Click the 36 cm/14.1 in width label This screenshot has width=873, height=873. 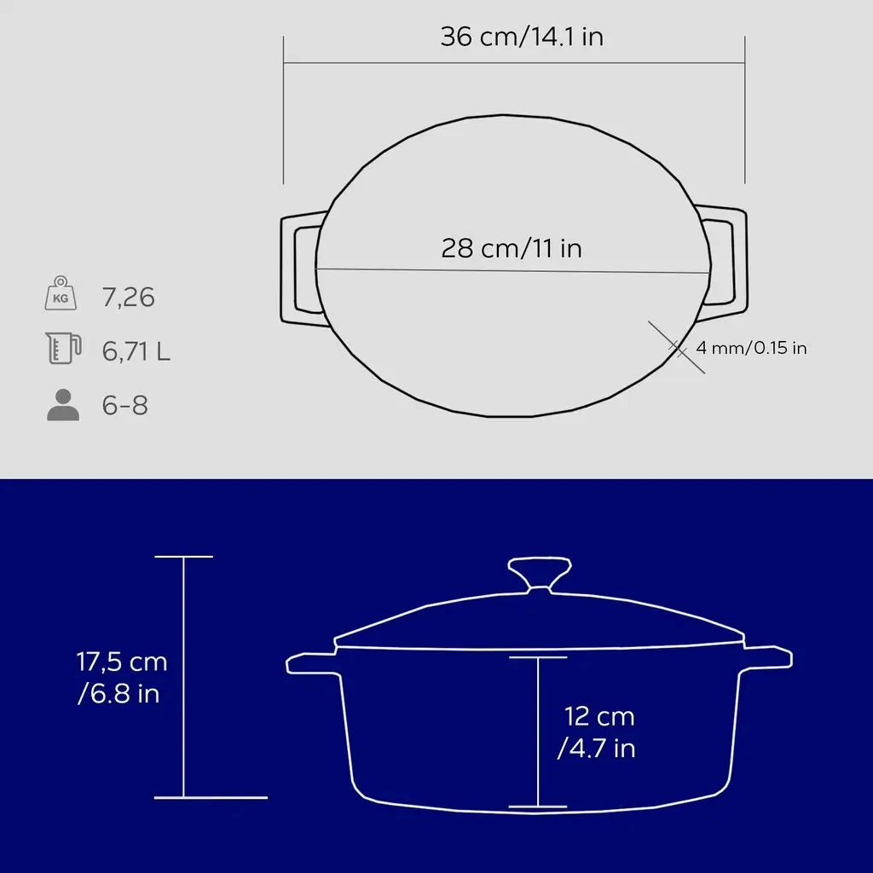pyautogui.click(x=522, y=37)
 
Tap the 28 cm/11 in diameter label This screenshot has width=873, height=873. pyautogui.click(x=512, y=248)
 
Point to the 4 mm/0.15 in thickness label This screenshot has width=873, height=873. pyautogui.click(x=751, y=348)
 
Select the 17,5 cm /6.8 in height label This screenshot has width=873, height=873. pyautogui.click(x=121, y=678)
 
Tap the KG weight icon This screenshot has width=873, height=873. pyautogui.click(x=61, y=293)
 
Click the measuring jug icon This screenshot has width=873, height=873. pyautogui.click(x=63, y=348)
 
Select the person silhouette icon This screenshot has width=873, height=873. pyautogui.click(x=63, y=405)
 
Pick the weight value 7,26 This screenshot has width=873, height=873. pyautogui.click(x=128, y=298)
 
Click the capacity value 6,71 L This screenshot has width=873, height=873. pyautogui.click(x=136, y=351)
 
